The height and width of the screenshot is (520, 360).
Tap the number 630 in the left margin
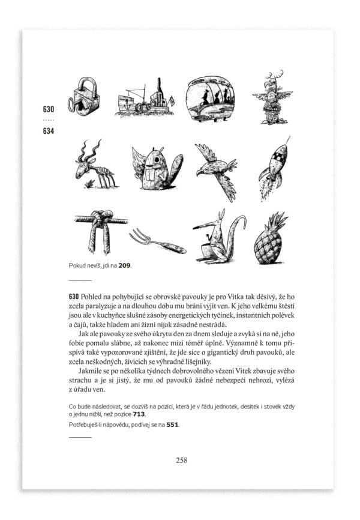[49, 110]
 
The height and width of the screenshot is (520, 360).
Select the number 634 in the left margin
[49, 130]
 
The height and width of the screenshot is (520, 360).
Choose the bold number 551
[172, 425]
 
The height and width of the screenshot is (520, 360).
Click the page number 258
[180, 461]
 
